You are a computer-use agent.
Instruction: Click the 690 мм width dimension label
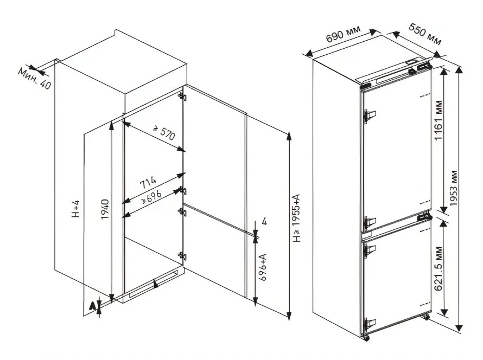[343, 34]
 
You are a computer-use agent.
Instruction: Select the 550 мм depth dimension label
[425, 34]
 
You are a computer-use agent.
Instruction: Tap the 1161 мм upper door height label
[438, 120]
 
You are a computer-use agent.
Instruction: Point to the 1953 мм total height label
[454, 188]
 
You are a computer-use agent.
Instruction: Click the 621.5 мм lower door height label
[438, 268]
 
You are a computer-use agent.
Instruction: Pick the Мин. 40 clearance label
[35, 79]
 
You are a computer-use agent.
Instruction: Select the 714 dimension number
[148, 183]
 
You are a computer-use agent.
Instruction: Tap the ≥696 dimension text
[151, 197]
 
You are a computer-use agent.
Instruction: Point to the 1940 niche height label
[105, 209]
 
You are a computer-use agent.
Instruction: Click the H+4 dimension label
[75, 209]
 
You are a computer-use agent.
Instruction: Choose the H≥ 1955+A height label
[296, 218]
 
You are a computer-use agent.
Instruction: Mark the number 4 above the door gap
[264, 221]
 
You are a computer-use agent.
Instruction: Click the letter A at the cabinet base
[92, 306]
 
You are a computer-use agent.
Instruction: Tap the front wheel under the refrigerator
[366, 338]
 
